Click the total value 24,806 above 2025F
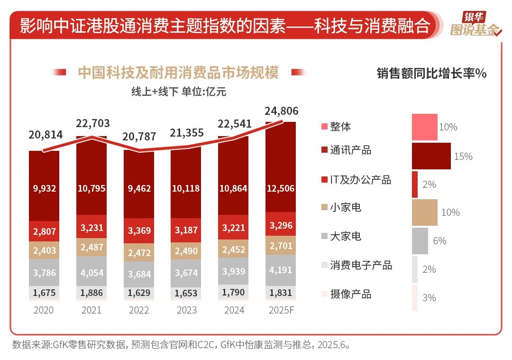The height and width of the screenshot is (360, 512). [x=282, y=111]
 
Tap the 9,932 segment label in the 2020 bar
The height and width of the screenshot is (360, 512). [x=45, y=188]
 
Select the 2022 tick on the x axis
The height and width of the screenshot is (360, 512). [x=139, y=310]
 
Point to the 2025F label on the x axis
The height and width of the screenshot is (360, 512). [x=281, y=310]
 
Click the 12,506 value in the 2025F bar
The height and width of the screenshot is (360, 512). [x=281, y=188]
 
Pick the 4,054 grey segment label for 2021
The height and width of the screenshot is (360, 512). [x=91, y=273]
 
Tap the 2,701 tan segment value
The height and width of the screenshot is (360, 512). [x=281, y=245]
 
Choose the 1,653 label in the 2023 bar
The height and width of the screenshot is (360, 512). [x=186, y=293]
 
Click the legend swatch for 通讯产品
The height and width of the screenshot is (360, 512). [x=324, y=150]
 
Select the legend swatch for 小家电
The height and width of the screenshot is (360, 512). [x=324, y=207]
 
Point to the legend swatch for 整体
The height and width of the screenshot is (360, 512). [x=324, y=127]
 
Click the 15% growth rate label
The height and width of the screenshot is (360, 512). [x=463, y=156]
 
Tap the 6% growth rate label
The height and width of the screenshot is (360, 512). [x=439, y=241]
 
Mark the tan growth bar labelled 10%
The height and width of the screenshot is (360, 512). [x=424, y=212]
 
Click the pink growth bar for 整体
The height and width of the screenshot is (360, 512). [x=424, y=127]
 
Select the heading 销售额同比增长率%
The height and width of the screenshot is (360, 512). [x=431, y=74]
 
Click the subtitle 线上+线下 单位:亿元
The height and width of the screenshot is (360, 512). [x=179, y=92]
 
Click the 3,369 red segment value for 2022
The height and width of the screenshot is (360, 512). [x=139, y=231]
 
